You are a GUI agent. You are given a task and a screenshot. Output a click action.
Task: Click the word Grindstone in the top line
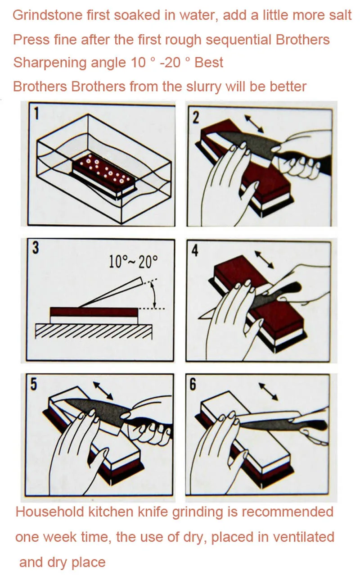[x=48, y=15]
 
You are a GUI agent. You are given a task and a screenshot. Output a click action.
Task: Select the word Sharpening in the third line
[x=50, y=63]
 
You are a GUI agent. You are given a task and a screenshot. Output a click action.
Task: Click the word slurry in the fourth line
[x=203, y=86]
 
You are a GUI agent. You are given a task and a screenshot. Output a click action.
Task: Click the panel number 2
[x=196, y=118]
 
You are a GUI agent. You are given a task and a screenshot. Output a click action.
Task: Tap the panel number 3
[x=36, y=248]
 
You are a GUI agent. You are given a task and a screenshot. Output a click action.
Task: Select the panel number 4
[x=195, y=250]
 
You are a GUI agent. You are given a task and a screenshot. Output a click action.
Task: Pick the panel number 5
[x=34, y=385]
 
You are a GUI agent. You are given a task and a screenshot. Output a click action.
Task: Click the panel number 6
[x=193, y=385]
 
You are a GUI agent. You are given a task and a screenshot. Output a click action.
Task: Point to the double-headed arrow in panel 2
[x=254, y=124]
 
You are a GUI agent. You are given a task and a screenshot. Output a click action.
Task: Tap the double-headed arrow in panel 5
[x=103, y=390]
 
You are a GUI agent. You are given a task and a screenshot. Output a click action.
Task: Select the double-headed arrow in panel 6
[x=268, y=392]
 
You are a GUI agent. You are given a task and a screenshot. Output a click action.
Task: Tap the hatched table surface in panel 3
[x=94, y=331]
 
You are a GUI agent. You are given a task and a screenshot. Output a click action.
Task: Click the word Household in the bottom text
[x=49, y=512]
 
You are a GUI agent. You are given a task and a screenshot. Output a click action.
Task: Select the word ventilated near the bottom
[x=303, y=537]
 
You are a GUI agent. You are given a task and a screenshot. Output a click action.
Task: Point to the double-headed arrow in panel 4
[x=264, y=260]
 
